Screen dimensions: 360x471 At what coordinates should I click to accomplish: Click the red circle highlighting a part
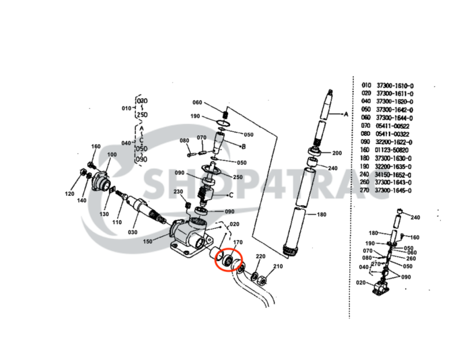tap(229, 258)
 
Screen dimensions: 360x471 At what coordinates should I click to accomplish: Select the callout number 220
tap(260, 258)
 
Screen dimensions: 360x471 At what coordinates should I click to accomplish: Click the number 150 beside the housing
tap(147, 241)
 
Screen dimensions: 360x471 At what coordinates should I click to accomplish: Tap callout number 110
tap(116, 222)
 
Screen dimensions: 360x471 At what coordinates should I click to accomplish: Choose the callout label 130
tap(104, 214)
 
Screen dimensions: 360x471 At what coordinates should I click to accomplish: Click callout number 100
tap(111, 155)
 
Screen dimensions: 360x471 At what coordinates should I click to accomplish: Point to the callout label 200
tap(336, 153)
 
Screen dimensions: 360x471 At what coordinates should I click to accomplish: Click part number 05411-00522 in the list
tap(393, 126)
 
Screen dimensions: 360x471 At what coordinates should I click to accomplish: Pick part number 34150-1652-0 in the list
tap(395, 174)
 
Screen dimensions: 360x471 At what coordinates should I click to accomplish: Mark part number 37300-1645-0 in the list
tap(395, 190)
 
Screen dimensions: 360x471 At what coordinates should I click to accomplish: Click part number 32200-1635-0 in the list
tap(395, 166)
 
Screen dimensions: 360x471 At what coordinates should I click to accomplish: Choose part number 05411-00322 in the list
tap(393, 134)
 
